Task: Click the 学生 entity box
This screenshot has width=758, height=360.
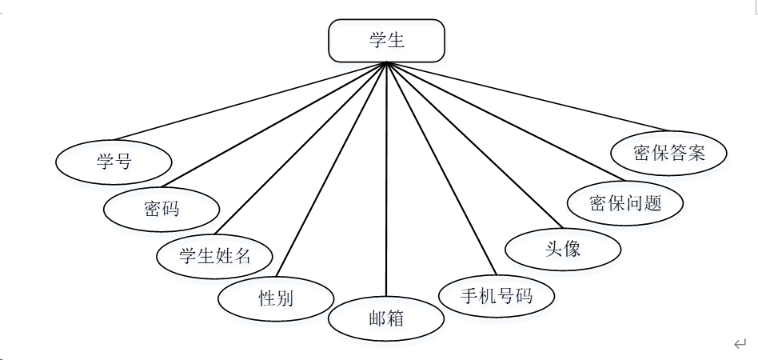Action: [x=386, y=41]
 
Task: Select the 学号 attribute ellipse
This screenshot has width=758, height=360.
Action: [x=114, y=162]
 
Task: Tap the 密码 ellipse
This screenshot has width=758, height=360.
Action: [x=162, y=210]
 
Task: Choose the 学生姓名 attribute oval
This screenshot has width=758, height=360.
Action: [x=215, y=256]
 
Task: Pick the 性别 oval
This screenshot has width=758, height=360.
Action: [x=276, y=298]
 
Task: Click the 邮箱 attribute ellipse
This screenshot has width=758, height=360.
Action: [x=386, y=318]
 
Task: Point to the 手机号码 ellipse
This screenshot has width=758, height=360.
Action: [x=497, y=296]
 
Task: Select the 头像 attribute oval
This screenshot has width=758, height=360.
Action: [x=563, y=249]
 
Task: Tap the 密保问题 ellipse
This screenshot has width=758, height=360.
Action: [x=625, y=202]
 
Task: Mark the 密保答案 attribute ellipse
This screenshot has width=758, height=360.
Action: [x=669, y=153]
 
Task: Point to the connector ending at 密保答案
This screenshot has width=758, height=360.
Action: [x=528, y=96]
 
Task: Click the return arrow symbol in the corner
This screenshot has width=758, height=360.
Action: [x=740, y=344]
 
